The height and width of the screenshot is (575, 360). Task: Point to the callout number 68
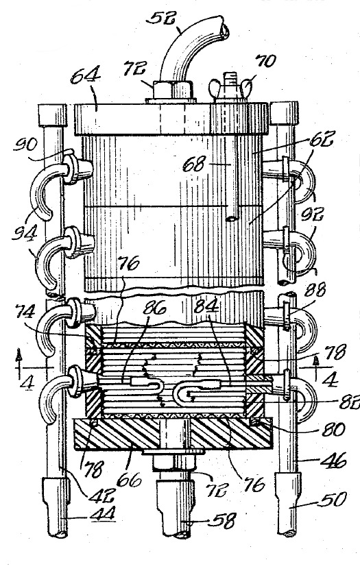pyautogui.click(x=194, y=164)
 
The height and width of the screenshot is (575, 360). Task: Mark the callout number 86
pyautogui.click(x=154, y=307)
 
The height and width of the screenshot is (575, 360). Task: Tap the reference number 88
pyautogui.click(x=315, y=290)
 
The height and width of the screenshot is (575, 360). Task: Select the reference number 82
pyautogui.click(x=348, y=403)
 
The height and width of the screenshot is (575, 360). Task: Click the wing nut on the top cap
pyautogui.click(x=231, y=88)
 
